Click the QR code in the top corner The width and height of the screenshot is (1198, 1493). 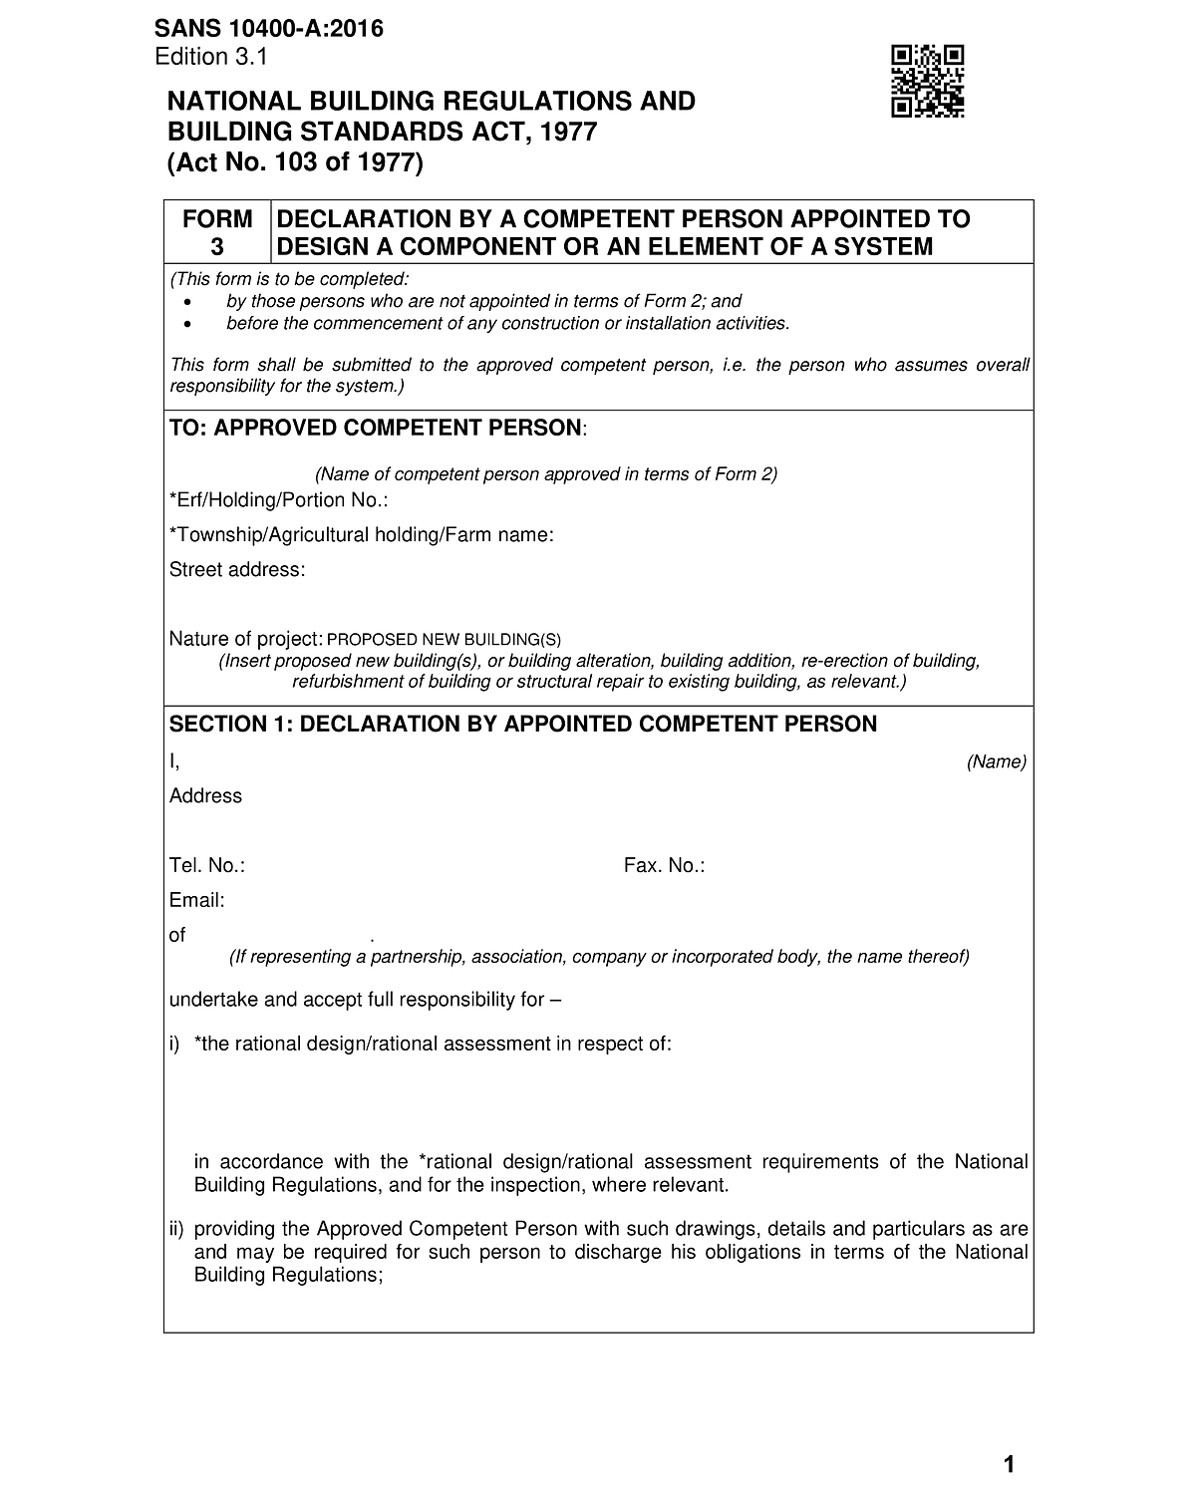[x=927, y=82]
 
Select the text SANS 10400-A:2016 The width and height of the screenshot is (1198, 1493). [x=269, y=30]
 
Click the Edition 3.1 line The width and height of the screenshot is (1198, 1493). [x=211, y=57]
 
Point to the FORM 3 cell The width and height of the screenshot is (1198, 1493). [x=217, y=232]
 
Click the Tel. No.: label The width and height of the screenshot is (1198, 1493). [x=207, y=866]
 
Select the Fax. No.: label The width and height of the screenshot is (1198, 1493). [x=664, y=866]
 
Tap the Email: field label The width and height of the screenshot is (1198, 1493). [x=197, y=901]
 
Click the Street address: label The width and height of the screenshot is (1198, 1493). [x=237, y=570]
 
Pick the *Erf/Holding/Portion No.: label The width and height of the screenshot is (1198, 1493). [x=278, y=500]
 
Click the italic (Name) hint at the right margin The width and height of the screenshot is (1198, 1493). [x=996, y=762]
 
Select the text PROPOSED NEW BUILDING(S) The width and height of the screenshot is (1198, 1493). [x=444, y=640]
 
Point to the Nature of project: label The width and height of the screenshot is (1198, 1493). [x=245, y=639]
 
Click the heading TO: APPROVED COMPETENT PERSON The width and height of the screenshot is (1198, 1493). [x=377, y=429]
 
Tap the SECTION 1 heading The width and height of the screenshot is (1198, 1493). [x=523, y=725]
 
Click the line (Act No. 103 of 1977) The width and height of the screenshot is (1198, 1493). [x=295, y=162]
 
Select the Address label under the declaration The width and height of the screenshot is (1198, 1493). [x=205, y=796]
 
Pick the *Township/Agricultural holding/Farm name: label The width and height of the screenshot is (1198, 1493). [x=361, y=535]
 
